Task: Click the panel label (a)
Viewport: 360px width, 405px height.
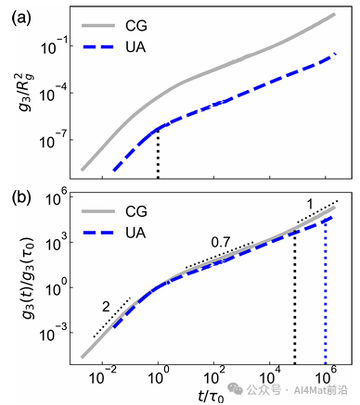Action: (x=21, y=19)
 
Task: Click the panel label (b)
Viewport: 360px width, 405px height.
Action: (x=21, y=198)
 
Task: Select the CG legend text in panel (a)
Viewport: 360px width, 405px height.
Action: (x=136, y=26)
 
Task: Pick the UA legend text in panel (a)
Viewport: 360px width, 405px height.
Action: (x=135, y=47)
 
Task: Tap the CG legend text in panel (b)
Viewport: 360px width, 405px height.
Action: (x=136, y=211)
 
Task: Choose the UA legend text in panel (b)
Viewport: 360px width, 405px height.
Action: (x=135, y=233)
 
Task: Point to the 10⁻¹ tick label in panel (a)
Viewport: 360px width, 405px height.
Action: (x=52, y=46)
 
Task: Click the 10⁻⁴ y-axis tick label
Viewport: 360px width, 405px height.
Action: (x=52, y=94)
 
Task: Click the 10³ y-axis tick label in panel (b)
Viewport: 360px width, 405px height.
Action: (x=55, y=244)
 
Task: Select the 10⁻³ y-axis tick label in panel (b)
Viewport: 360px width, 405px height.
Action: (x=52, y=334)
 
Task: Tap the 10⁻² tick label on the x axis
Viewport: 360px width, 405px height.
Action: (x=102, y=376)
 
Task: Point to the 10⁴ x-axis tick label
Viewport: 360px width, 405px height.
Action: (x=270, y=376)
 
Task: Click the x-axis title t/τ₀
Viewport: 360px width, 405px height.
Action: (x=211, y=396)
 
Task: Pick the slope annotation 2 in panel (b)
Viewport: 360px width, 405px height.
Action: (x=106, y=307)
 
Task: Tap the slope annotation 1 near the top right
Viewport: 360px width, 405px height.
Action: (x=310, y=205)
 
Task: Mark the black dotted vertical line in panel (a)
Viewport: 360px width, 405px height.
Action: (x=158, y=154)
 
